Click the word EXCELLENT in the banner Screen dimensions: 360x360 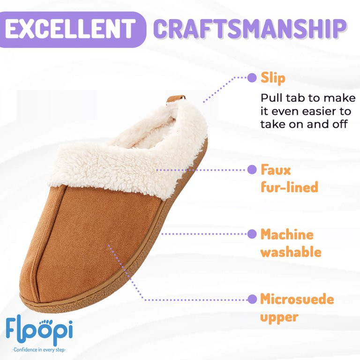(x=70, y=29)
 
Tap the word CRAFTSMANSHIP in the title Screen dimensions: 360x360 (x=249, y=29)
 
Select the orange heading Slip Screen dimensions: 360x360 (x=273, y=78)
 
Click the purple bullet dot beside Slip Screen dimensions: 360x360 (x=252, y=78)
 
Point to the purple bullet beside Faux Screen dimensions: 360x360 (x=252, y=170)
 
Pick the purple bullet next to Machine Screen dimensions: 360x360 (x=252, y=234)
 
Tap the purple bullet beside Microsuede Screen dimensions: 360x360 (x=252, y=299)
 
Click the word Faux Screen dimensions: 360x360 (x=276, y=170)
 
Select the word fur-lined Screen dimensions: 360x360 (x=289, y=187)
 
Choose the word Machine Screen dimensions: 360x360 (x=287, y=234)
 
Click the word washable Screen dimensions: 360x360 (x=291, y=252)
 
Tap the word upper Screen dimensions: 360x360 (x=279, y=317)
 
